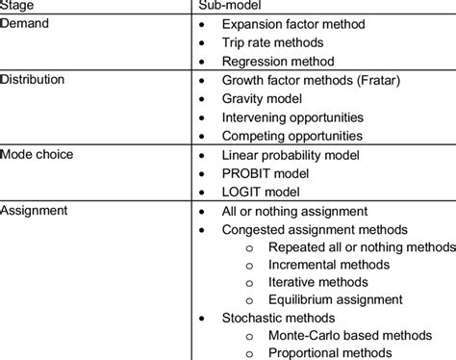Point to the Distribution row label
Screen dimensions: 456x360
(32, 79)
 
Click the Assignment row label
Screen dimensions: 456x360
(35, 211)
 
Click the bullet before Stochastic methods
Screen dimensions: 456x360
(201, 318)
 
